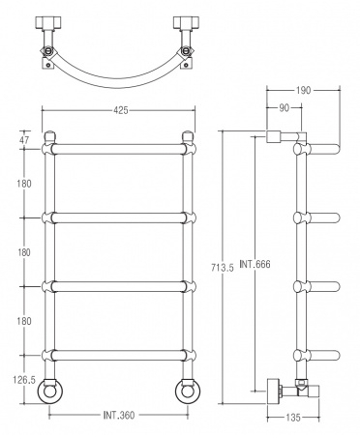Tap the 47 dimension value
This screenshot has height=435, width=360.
pos(24,141)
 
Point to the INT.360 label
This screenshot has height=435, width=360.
pos(118,417)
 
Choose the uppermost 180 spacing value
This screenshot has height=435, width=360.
pos(23,183)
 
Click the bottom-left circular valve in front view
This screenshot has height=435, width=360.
pos(54,391)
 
